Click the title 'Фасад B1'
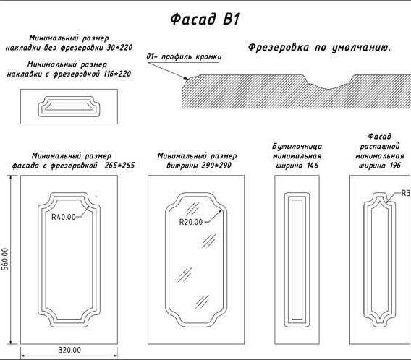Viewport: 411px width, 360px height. point(205,19)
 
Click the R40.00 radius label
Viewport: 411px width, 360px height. point(64,217)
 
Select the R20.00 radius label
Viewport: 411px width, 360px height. point(191,222)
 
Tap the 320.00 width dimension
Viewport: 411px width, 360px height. point(69,350)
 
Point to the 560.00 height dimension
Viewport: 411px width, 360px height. point(5,259)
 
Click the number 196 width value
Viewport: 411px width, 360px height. point(395,166)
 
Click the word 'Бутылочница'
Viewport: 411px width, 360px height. point(297,146)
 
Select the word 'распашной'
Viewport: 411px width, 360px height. point(380,146)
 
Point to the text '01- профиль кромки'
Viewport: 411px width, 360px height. point(184,56)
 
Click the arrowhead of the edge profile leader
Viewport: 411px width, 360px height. point(186,77)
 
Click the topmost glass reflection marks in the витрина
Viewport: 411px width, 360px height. point(192,209)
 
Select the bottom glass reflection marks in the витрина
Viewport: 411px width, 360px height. point(202,302)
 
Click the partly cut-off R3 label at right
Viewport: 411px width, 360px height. point(406,193)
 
